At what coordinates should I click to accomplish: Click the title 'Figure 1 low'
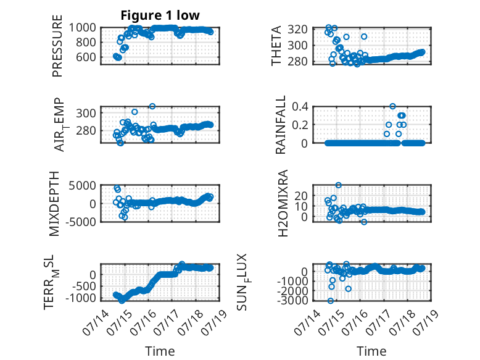[160, 15]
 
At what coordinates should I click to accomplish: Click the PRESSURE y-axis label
[57, 46]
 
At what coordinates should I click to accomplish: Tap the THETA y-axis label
[276, 46]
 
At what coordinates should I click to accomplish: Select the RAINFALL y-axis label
[280, 125]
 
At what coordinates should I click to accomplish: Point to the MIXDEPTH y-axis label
[54, 204]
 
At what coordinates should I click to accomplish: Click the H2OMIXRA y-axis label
[283, 203]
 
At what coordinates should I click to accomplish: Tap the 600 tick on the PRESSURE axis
[86, 57]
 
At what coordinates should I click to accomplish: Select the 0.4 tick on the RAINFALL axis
[300, 107]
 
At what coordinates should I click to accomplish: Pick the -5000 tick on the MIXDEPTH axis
[80, 222]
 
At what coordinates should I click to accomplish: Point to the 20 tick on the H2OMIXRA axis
[301, 196]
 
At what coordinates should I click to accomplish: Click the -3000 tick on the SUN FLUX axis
[292, 300]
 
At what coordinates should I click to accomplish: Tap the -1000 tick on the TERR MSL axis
[80, 298]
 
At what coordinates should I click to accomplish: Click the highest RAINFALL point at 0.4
[392, 106]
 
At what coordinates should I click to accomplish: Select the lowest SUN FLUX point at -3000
[330, 301]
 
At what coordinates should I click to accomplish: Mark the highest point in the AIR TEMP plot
[152, 106]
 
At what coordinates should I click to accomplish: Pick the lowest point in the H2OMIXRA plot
[363, 222]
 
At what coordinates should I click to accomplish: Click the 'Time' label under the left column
[160, 351]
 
